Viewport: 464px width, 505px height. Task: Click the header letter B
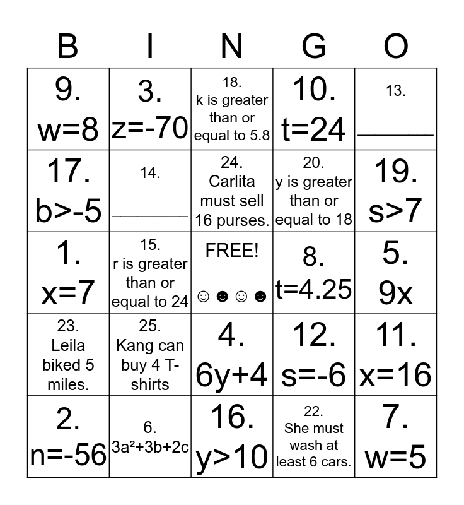point(68,46)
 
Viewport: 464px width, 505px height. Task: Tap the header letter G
point(314,46)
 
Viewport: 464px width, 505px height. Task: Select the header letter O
point(396,46)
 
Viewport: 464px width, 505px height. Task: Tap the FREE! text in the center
point(232,251)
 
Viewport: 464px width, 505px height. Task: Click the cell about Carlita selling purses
point(232,191)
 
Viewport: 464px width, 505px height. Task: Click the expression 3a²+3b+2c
point(150,447)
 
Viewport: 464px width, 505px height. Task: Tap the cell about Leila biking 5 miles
point(68,355)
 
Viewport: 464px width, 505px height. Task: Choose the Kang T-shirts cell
point(150,355)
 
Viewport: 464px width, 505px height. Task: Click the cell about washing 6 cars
point(314,437)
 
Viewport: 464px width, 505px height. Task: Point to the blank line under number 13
point(396,134)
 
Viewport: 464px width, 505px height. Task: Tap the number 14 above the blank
point(150,173)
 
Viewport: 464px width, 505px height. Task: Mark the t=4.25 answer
point(314,288)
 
